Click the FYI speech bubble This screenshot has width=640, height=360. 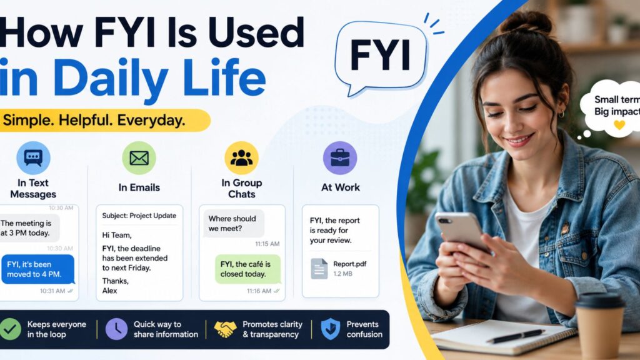381,57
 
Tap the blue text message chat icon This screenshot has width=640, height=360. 34,158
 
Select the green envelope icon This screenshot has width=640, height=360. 139,158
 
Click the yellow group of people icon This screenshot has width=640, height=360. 242,158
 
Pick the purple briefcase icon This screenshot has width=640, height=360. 340,158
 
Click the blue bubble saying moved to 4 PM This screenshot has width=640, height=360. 37,269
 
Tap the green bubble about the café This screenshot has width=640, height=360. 247,269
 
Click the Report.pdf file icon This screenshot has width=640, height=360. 319,269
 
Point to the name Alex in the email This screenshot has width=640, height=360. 109,291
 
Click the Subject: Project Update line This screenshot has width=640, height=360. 139,216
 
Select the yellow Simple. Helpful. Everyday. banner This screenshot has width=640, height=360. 104,121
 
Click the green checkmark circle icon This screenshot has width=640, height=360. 10,329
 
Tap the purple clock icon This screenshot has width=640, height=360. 116,329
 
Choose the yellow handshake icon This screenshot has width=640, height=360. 225,329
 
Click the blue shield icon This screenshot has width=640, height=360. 331,329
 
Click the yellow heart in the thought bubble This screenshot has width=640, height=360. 619,124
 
